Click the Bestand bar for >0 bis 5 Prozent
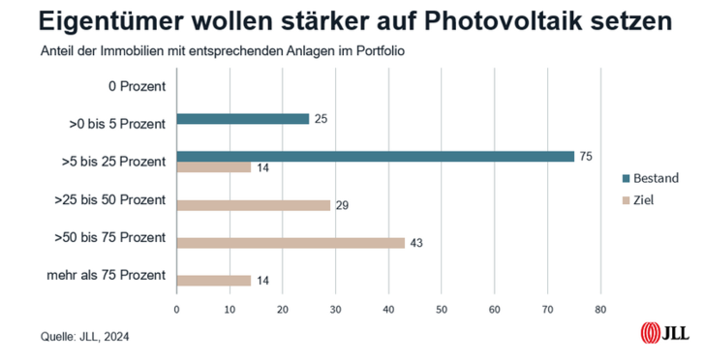[x=242, y=118]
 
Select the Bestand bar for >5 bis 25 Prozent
[x=375, y=155]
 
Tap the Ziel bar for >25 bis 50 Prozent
[x=253, y=205]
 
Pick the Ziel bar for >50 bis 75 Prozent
[x=290, y=242]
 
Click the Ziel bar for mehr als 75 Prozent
[x=213, y=280]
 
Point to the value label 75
[x=585, y=155]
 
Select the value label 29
[x=341, y=206]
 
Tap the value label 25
[x=320, y=119]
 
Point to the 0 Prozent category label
[x=138, y=85]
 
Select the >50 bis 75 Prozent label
[x=110, y=236]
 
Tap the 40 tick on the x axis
[x=388, y=309]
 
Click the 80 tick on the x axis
[x=600, y=309]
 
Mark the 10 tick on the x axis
[x=230, y=309]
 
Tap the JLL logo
[x=665, y=333]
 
